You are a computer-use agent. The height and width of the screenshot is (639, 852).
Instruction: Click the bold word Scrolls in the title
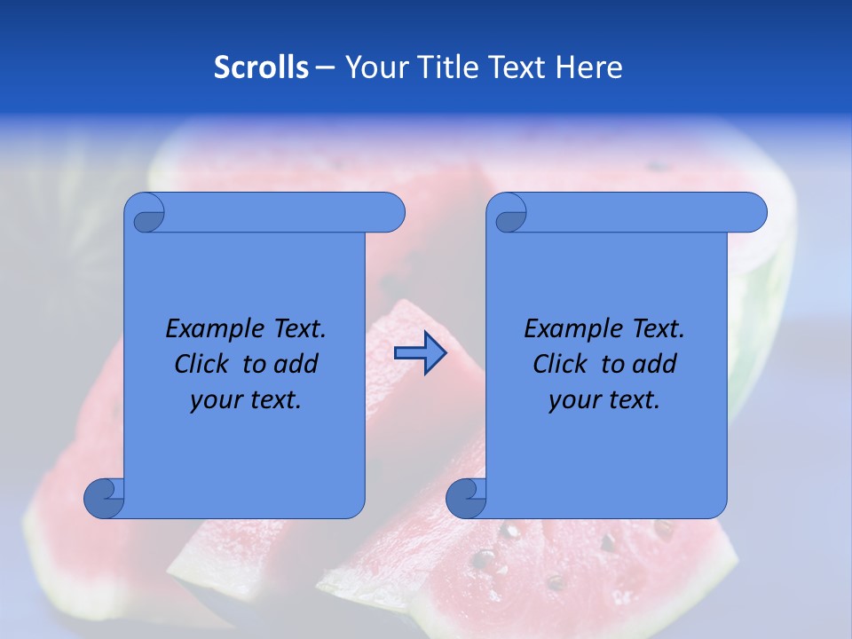[x=262, y=67]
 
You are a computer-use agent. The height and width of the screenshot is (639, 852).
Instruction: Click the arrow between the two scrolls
[x=420, y=353]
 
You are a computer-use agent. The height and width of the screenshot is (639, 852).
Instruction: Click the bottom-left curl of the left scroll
[x=104, y=498]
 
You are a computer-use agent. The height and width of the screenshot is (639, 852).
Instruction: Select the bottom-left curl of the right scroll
[x=466, y=498]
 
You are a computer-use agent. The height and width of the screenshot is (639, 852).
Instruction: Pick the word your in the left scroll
[x=216, y=400]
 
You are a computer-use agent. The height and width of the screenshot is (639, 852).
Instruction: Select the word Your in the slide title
[x=374, y=67]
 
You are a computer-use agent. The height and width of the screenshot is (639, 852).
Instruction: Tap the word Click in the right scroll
[x=558, y=364]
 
